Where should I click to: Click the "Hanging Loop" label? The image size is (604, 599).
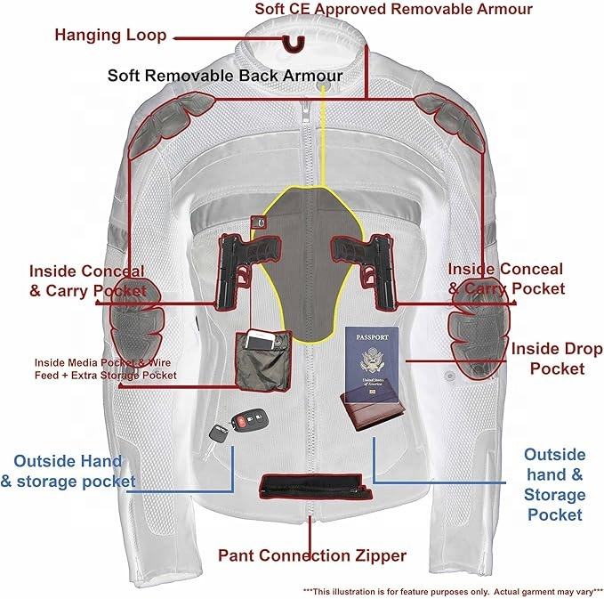(x=110, y=36)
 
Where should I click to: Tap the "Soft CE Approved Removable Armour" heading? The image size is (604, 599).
(x=393, y=10)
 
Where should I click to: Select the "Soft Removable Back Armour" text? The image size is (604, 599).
(x=224, y=75)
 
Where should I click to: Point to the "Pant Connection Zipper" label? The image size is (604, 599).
(x=312, y=555)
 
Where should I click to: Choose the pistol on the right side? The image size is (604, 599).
(x=365, y=258)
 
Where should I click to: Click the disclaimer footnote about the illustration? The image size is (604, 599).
(x=453, y=590)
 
